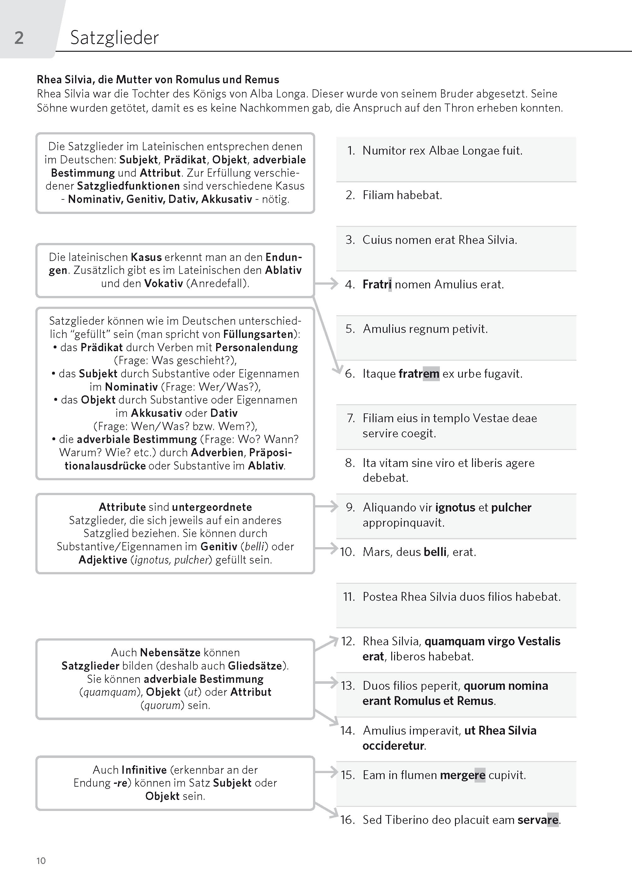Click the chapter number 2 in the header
[x=19, y=38]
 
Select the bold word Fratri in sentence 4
[x=377, y=284]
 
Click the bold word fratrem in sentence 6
[x=419, y=374]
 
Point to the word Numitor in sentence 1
[x=381, y=151]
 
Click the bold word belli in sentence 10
[x=435, y=552]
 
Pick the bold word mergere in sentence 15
[x=462, y=775]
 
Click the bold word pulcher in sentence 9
[x=511, y=507]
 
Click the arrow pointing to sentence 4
[x=327, y=284]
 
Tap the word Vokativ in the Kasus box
[x=163, y=283]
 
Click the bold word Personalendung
[x=257, y=347]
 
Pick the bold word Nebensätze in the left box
[x=170, y=653]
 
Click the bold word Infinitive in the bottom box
[x=144, y=770]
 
